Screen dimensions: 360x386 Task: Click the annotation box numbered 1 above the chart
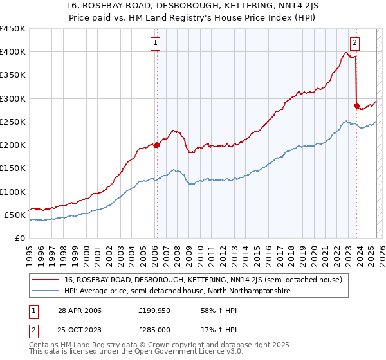156,44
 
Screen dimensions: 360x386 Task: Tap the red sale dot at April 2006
157,145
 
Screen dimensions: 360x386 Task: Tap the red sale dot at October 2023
356,105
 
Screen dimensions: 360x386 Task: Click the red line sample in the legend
45,280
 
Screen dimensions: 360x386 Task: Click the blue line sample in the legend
45,291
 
